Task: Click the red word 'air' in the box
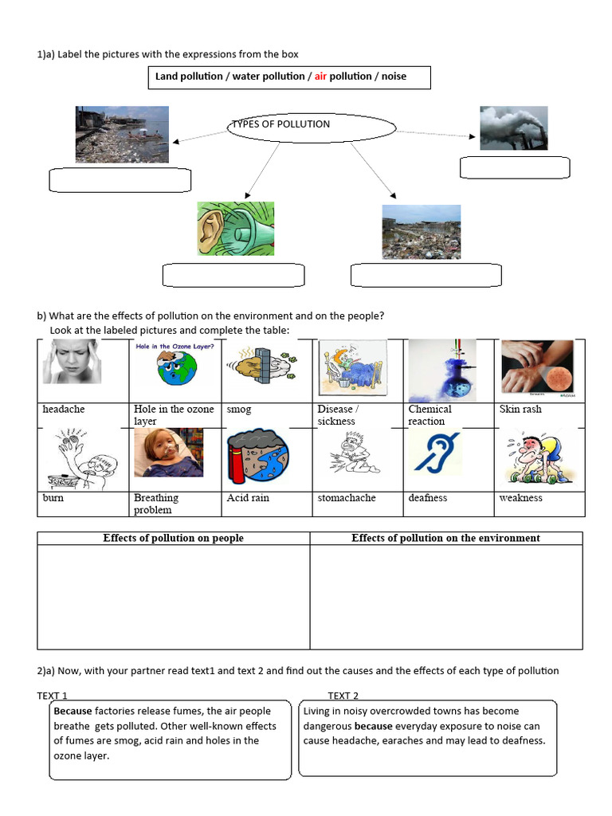[321, 76]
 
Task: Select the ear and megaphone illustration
[236, 229]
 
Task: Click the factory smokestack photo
[513, 128]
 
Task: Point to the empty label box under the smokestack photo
[516, 167]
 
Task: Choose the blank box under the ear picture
[233, 275]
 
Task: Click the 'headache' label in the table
[64, 410]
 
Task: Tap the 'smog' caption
[239, 410]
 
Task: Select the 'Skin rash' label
[520, 410]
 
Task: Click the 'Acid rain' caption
[248, 498]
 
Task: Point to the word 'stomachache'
[347, 498]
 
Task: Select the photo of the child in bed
[168, 453]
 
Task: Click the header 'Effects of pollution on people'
[174, 539]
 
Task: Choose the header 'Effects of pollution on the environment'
[445, 539]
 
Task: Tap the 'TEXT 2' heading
[343, 696]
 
